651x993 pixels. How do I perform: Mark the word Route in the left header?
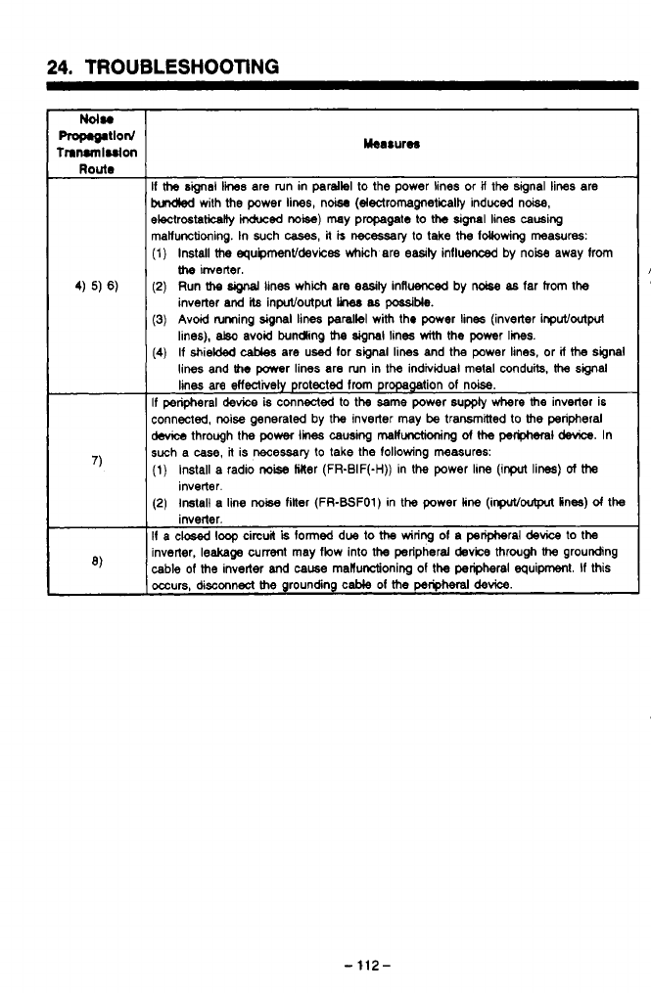pos(95,166)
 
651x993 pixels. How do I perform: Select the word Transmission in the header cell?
pos(95,153)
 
